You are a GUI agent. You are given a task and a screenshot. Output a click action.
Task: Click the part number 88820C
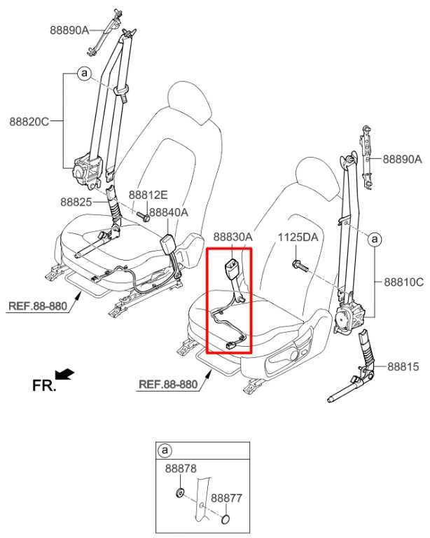pos(29,121)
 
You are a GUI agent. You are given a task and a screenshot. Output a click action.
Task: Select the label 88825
pos(76,202)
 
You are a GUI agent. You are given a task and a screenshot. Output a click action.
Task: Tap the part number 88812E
pos(148,195)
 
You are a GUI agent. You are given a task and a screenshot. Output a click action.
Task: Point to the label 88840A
pos(169,212)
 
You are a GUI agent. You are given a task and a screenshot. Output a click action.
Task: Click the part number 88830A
pos(233,237)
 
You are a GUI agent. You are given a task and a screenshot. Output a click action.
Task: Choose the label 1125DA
pos(298,237)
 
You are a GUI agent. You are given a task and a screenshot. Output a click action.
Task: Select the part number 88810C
pos(403,282)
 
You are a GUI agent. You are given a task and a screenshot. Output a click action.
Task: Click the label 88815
pos(403,366)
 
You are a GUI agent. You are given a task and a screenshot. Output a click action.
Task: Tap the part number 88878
pos(181,469)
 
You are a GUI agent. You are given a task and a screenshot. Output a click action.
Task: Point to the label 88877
pos(226,498)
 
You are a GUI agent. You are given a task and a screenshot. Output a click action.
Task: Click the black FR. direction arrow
pos(64,374)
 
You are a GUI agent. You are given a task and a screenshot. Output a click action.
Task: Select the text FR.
pos(43,385)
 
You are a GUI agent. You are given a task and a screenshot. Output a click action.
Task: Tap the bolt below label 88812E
pos(144,216)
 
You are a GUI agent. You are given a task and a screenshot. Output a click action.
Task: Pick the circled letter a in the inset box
pos(165,450)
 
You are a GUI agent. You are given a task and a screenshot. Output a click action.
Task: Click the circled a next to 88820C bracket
pos(84,74)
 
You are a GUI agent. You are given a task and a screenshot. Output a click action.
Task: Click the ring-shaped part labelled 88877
pos(226,520)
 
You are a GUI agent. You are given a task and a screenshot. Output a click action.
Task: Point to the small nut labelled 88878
pos(179,494)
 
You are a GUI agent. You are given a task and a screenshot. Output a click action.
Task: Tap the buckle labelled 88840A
pos(167,243)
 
